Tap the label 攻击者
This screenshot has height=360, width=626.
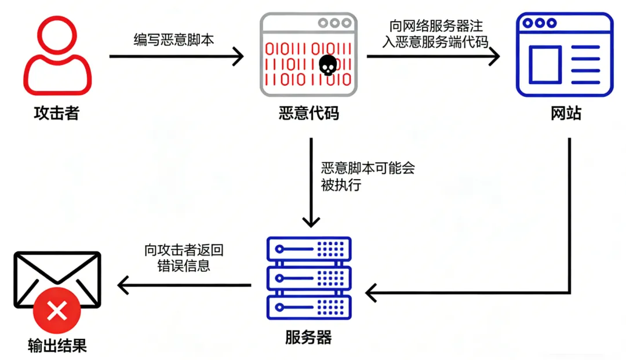[x=56, y=112]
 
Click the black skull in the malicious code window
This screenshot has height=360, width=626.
[x=327, y=65]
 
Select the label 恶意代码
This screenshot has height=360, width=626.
[x=308, y=113]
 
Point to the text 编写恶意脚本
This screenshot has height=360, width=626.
[x=174, y=39]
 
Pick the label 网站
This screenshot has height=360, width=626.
[x=566, y=113]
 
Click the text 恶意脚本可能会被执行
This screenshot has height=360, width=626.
[x=367, y=176]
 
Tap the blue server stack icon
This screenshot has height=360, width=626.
[x=308, y=278]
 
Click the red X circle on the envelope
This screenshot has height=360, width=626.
[x=57, y=313]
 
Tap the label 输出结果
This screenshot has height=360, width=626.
[x=57, y=346]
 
